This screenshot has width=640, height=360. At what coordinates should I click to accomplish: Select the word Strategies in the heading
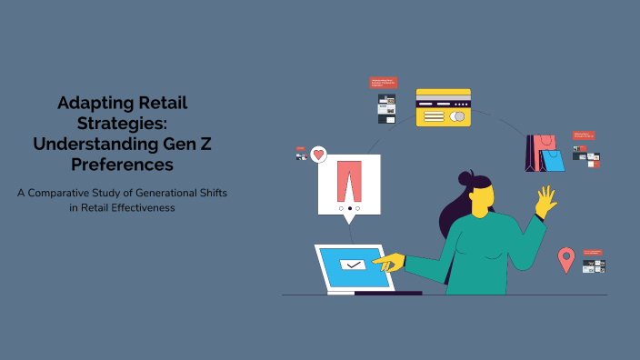click(123, 124)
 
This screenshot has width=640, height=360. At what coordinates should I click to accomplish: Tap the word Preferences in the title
click(123, 165)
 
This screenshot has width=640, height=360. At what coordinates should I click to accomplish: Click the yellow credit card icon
click(444, 107)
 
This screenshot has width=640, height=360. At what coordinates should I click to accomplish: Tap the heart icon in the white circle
click(318, 155)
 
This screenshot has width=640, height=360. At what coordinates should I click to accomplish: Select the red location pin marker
click(565, 258)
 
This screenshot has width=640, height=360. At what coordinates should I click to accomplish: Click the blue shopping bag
click(553, 160)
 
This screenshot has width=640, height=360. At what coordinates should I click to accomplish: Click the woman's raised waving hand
click(545, 201)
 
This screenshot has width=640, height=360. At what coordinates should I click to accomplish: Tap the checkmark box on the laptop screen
click(352, 265)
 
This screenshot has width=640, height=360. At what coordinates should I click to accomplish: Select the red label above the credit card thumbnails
click(383, 83)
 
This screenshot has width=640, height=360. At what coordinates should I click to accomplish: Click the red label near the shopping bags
click(584, 135)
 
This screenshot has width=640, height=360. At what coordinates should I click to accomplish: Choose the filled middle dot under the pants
click(350, 208)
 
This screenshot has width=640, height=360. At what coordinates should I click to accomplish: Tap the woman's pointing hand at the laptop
click(388, 264)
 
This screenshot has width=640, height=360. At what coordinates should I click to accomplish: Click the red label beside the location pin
click(594, 252)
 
